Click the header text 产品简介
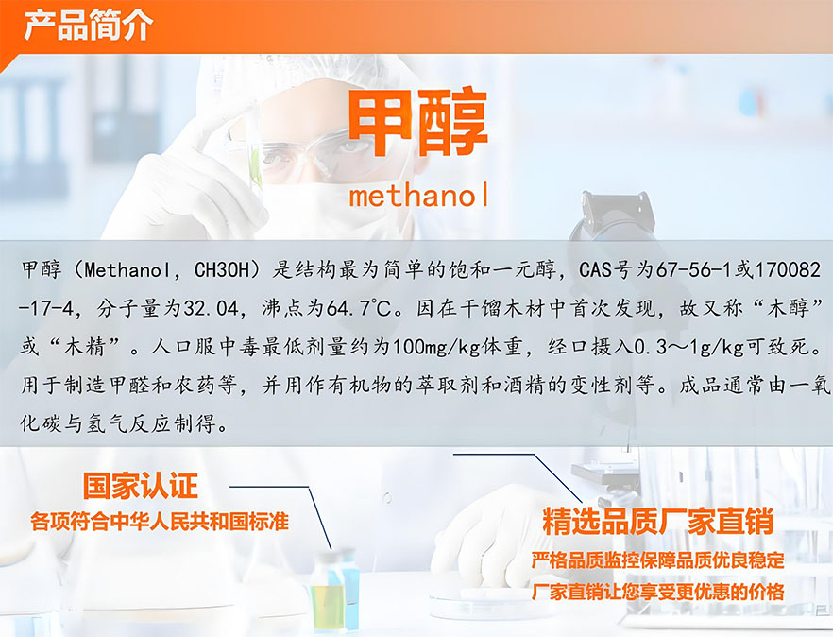point(89,25)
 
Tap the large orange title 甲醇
point(417,123)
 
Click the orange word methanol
point(418,195)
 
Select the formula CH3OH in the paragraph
point(222,270)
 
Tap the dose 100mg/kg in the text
point(435,348)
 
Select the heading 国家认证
point(140,486)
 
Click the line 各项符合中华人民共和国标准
point(160,522)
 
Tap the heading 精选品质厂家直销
point(657,521)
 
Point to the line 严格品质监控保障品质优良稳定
point(657,560)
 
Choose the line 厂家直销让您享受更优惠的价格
point(657,592)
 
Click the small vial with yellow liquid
point(328,592)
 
